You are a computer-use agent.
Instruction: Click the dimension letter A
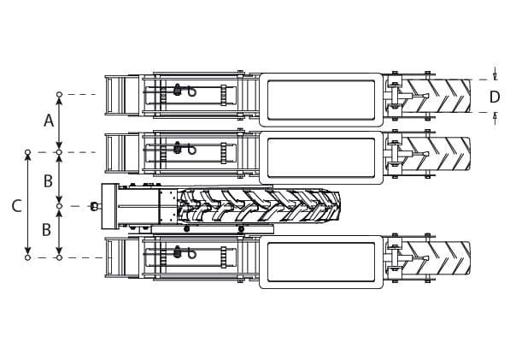(49, 121)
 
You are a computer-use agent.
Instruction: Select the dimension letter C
(16, 206)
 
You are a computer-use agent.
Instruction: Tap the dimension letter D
(495, 97)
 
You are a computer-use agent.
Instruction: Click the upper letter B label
(48, 181)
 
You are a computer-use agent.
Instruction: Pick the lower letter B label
(47, 229)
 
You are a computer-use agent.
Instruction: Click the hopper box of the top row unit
(321, 100)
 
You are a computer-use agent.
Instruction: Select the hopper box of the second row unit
(321, 158)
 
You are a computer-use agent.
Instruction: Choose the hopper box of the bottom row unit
(321, 262)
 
